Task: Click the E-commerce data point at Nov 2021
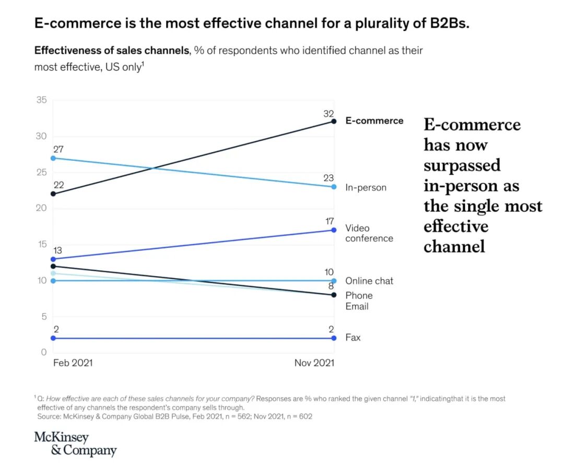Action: tap(334, 121)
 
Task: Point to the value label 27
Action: tap(58, 149)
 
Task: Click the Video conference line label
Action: tap(369, 233)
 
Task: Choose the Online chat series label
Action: tap(369, 281)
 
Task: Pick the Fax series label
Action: tap(353, 338)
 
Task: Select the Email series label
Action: tap(357, 306)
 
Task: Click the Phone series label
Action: tap(359, 295)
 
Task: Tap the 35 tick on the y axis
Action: tap(41, 100)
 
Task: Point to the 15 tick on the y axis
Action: tap(41, 244)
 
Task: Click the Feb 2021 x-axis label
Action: tap(73, 363)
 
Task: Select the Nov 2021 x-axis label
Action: tap(314, 363)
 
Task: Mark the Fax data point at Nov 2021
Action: tap(334, 338)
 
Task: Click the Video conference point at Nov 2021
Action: tap(334, 230)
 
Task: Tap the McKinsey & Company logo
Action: tap(75, 443)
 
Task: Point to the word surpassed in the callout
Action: tap(462, 165)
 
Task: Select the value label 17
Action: tap(328, 222)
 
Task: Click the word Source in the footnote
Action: tap(49, 416)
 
